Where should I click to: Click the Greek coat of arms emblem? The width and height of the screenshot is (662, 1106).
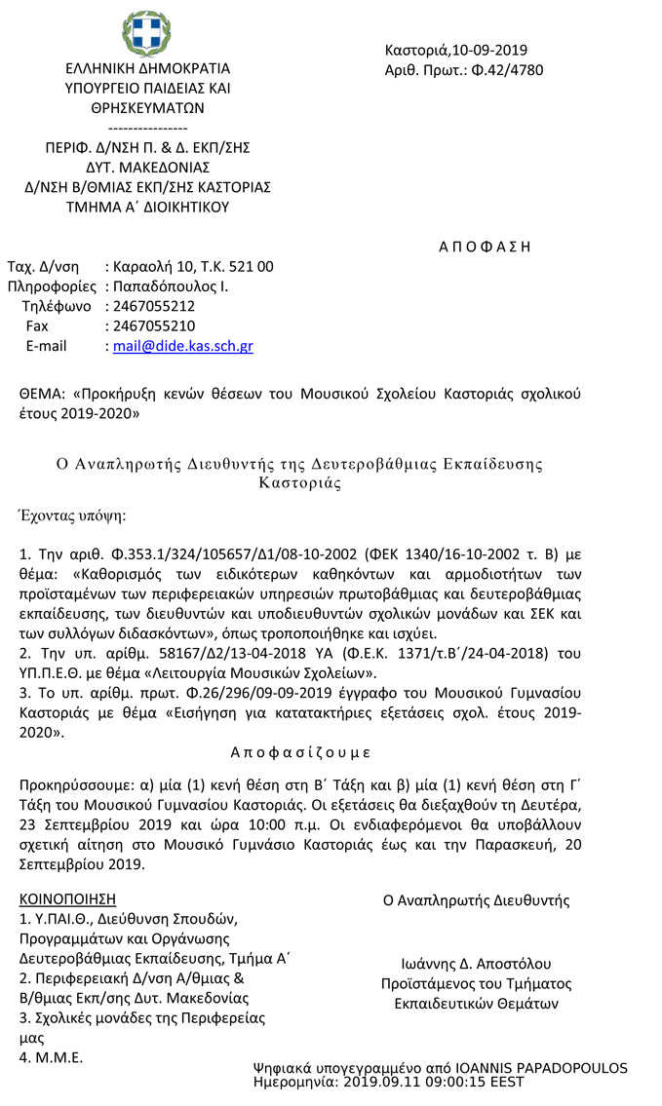pyautogui.click(x=145, y=35)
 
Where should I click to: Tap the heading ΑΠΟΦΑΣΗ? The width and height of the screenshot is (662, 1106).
pyautogui.click(x=485, y=247)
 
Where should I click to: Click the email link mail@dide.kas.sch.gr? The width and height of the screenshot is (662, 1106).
pyautogui.click(x=183, y=346)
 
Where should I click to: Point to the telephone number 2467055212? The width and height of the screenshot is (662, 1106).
pyautogui.click(x=154, y=306)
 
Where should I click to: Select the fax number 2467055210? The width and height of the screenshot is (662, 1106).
pyautogui.click(x=154, y=325)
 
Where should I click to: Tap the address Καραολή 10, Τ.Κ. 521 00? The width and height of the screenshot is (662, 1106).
pyautogui.click(x=193, y=266)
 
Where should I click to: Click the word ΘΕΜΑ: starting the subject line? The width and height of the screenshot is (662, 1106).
pyautogui.click(x=44, y=395)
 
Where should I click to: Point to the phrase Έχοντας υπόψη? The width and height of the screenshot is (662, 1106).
pyautogui.click(x=73, y=515)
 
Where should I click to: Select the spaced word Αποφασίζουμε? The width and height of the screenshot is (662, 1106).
pyautogui.click(x=300, y=752)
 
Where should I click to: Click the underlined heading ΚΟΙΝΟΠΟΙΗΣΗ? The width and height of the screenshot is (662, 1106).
pyautogui.click(x=68, y=898)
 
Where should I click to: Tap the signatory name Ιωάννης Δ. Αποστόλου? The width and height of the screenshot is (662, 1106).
pyautogui.click(x=476, y=964)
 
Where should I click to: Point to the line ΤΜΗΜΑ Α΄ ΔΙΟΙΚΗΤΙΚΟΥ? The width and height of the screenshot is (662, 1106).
pyautogui.click(x=146, y=207)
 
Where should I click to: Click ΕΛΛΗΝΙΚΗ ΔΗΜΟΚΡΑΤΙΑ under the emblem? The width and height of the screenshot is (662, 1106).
pyautogui.click(x=147, y=69)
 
